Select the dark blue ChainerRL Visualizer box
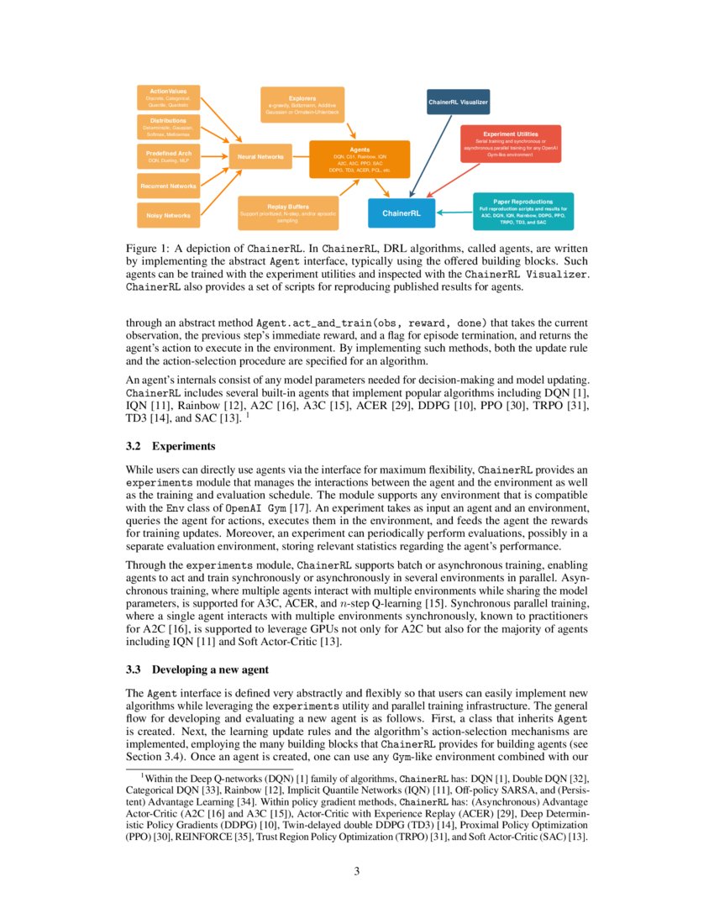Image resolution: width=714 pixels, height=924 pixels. click(458, 102)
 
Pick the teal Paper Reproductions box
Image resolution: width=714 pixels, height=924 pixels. click(522, 213)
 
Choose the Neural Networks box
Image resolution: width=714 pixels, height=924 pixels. click(260, 156)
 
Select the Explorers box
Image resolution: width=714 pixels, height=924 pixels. click(302, 104)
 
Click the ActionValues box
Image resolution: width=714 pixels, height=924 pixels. click(168, 97)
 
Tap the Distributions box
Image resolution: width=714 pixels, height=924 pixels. click(168, 127)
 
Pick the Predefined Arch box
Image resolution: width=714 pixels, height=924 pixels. click(168, 156)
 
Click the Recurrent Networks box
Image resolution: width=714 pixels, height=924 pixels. click(168, 186)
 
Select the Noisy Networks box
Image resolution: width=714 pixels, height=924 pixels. click(168, 216)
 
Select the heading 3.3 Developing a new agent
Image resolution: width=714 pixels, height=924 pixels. click(197, 669)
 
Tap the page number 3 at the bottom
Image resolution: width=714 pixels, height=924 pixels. click(356, 871)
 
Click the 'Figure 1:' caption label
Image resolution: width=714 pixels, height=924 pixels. click(148, 249)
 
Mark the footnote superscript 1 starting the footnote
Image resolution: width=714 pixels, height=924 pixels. click(142, 777)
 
